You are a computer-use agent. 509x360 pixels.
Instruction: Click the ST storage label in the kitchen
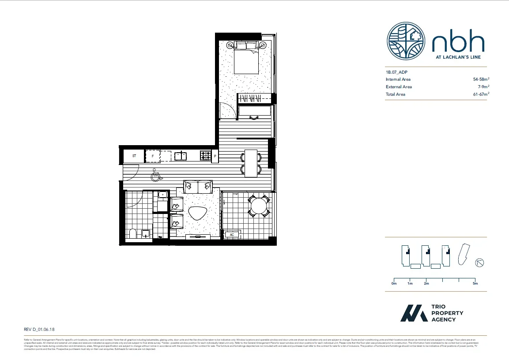134,156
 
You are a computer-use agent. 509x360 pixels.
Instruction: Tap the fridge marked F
152,156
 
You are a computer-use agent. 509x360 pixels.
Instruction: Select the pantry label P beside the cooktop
215,156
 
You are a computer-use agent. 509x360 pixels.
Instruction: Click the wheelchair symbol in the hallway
155,176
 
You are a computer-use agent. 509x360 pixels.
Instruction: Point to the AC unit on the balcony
232,235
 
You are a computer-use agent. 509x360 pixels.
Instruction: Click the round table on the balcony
259,206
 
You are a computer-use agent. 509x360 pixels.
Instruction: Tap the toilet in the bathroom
132,234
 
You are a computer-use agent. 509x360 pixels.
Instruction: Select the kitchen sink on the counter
180,156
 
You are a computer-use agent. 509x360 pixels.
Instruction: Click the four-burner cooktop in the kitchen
206,156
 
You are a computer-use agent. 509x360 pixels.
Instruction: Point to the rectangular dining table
251,163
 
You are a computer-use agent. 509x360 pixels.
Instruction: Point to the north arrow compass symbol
479,263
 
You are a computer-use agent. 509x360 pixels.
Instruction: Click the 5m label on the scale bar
475,284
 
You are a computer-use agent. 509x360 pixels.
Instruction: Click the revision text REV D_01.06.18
39,329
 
